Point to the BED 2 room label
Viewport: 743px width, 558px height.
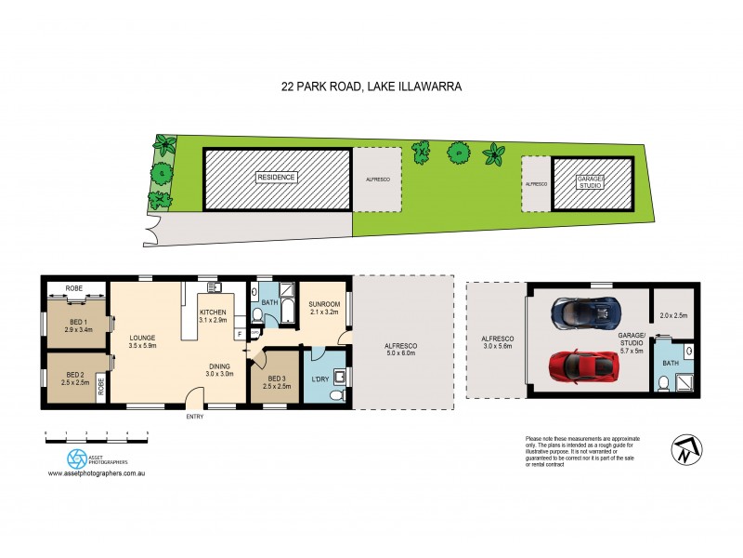click(76, 379)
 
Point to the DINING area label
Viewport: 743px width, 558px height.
click(218, 368)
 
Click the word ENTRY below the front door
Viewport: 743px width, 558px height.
click(194, 417)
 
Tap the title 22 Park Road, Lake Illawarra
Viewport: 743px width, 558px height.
click(371, 86)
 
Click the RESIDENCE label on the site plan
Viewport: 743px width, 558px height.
click(277, 178)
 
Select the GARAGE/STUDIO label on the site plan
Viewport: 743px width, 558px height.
click(592, 181)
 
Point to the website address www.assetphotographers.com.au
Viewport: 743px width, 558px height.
click(99, 474)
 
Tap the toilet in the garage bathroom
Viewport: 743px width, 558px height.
click(661, 382)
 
